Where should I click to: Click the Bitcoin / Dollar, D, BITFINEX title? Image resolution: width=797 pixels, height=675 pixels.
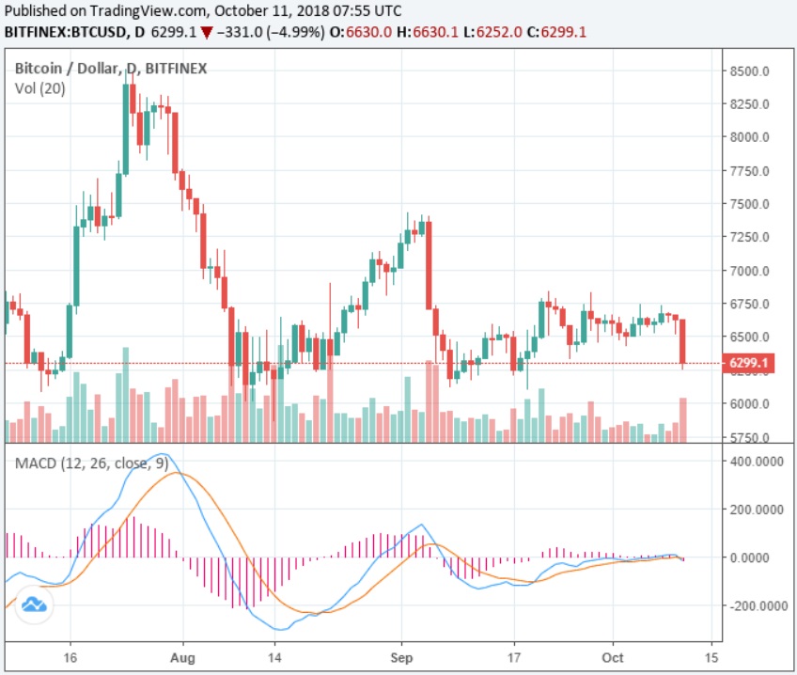[111, 69]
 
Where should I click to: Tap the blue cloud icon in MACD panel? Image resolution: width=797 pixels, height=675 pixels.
[35, 605]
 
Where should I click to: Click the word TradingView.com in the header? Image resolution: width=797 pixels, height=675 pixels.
[149, 11]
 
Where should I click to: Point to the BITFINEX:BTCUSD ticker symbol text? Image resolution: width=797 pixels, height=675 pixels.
[63, 31]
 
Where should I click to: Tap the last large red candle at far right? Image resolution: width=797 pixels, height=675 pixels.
[683, 341]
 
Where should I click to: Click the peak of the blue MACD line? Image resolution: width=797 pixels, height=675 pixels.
[162, 455]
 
